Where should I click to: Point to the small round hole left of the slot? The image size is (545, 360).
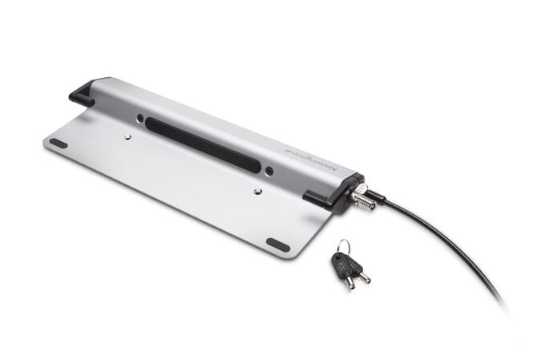(x=141, y=118)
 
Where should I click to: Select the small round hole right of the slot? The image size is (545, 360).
(x=268, y=170)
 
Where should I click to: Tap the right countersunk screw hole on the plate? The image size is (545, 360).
(x=256, y=192)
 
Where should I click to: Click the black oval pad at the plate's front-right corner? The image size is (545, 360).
(x=278, y=245)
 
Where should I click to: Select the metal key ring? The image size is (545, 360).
(x=342, y=247)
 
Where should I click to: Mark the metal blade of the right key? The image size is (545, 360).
(x=365, y=277)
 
